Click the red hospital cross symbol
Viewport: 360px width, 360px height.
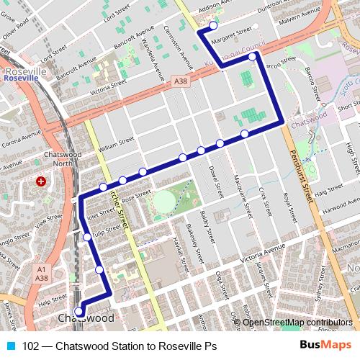[x=41, y=181]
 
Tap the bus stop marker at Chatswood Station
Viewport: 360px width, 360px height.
[x=79, y=312]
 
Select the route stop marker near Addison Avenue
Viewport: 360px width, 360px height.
[x=212, y=26]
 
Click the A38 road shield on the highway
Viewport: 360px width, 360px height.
[x=181, y=84]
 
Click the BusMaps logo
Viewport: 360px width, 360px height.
[x=325, y=346]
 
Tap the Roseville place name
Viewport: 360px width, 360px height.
[x=25, y=73]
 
